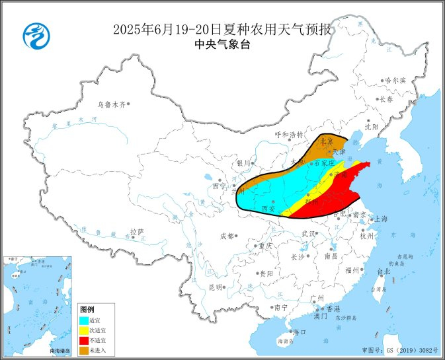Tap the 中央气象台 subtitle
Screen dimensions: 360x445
[x=223, y=44]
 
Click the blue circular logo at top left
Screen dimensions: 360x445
[x=36, y=35]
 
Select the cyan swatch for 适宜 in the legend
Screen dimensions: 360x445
[x=85, y=320]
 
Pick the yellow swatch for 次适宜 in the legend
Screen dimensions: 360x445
[x=85, y=330]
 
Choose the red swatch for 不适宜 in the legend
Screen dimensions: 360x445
[x=85, y=340]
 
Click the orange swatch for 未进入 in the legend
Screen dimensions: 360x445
[x=85, y=349]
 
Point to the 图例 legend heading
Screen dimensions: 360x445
[x=87, y=309]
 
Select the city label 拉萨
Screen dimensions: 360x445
[x=137, y=232]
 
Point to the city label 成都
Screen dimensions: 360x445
[x=227, y=236]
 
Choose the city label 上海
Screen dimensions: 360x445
[x=381, y=219]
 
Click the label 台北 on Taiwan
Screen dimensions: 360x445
[x=384, y=271]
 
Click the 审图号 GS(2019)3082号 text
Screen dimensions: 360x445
[x=400, y=349]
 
